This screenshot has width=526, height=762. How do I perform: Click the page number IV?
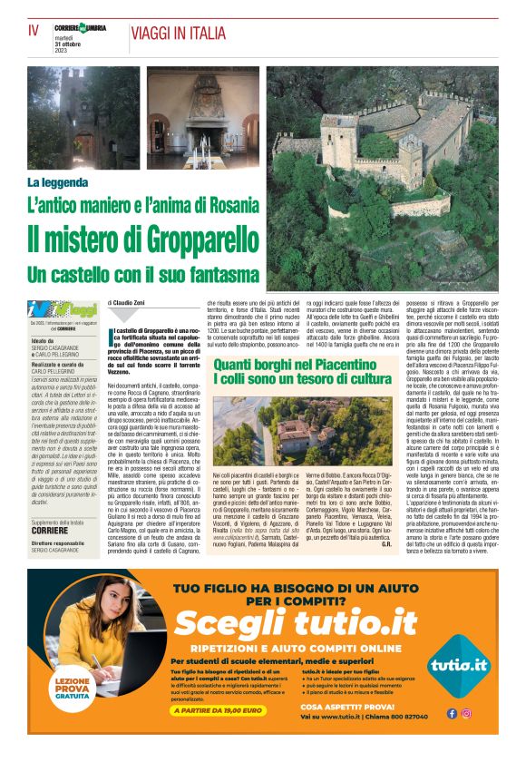[34, 30]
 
